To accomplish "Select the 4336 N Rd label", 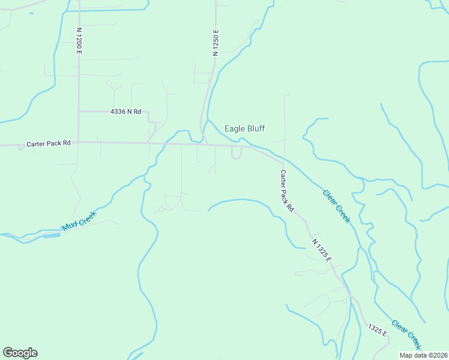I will pyautogui.click(x=125, y=112).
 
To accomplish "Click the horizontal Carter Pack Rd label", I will pyautogui.click(x=49, y=144).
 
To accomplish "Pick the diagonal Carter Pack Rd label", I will pyautogui.click(x=286, y=190).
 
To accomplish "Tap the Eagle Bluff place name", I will pyautogui.click(x=244, y=128).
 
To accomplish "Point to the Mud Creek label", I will pyautogui.click(x=79, y=221).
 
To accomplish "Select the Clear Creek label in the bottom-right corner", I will pyautogui.click(x=406, y=334).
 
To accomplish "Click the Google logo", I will pyautogui.click(x=20, y=353).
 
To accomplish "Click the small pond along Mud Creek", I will pyautogui.click(x=52, y=236).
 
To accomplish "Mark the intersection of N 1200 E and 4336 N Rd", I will pyautogui.click(x=79, y=112).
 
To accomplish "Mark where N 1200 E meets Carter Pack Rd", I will pyautogui.click(x=79, y=143).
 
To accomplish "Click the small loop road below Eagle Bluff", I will pyautogui.click(x=237, y=154).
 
